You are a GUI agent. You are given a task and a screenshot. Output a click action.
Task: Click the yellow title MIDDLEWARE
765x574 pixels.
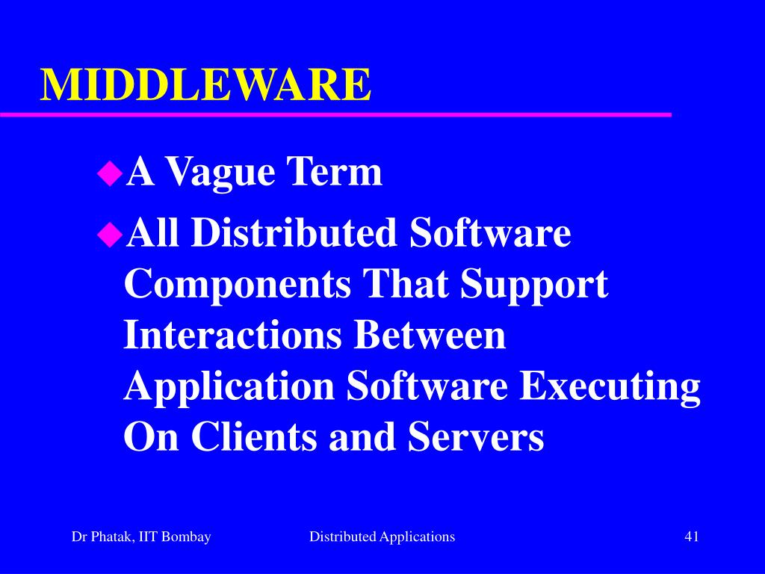coord(205,84)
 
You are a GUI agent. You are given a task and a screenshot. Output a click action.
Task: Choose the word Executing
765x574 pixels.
coord(610,388)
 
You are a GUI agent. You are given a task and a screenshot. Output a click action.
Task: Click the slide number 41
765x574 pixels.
coord(691,536)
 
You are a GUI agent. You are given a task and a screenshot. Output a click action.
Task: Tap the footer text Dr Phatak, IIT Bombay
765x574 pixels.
coord(141,536)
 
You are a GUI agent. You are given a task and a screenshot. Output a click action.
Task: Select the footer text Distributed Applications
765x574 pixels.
coord(382,536)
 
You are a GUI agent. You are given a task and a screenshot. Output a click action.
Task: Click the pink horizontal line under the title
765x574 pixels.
coord(336,114)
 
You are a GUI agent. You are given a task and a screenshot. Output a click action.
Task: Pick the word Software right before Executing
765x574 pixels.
coord(427,386)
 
